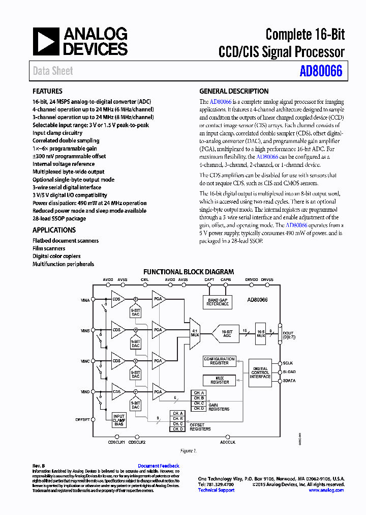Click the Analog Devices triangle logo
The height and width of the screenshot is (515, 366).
pos(46,41)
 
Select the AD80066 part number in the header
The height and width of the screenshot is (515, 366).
pos(321,71)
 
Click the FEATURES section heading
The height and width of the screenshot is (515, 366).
pos(47,92)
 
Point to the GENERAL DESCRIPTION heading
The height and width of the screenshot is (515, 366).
pos(234,92)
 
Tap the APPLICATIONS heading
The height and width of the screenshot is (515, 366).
pos(54,230)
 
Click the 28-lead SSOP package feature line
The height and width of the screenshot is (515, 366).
pos(59,219)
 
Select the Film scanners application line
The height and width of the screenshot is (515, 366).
pos(49,249)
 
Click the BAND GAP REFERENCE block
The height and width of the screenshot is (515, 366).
pos(218,302)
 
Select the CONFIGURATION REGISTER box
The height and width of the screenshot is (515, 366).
pos(219,361)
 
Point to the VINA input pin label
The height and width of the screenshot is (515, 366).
pos(85,300)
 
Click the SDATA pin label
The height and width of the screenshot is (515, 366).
pos(289,381)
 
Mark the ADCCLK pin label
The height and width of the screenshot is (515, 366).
pos(227,442)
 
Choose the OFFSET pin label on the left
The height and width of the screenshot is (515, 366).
pos(82,420)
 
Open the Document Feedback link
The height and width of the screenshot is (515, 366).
pos(158,466)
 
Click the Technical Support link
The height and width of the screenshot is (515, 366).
pos(216,490)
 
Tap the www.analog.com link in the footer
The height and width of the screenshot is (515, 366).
pos(326,490)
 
